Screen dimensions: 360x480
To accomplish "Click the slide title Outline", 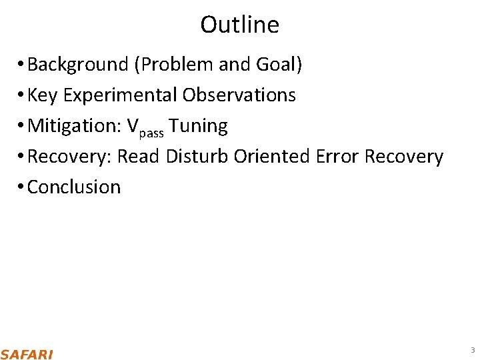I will (239, 25).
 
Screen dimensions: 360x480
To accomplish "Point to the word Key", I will (43, 95).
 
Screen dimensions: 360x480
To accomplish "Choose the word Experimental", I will (120, 95).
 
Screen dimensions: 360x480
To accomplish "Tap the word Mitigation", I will (73, 126).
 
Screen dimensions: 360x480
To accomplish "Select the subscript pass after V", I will (152, 131).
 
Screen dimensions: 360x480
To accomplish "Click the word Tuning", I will (199, 126).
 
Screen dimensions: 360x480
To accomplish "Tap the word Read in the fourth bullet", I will (139, 157).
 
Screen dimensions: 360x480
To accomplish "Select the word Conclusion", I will (74, 187).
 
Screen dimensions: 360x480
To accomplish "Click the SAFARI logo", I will (27, 353).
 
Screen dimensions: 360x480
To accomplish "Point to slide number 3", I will (472, 350).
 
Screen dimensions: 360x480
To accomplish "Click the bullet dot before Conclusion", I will (22, 187).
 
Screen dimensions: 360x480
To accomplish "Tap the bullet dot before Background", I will (22, 65).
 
